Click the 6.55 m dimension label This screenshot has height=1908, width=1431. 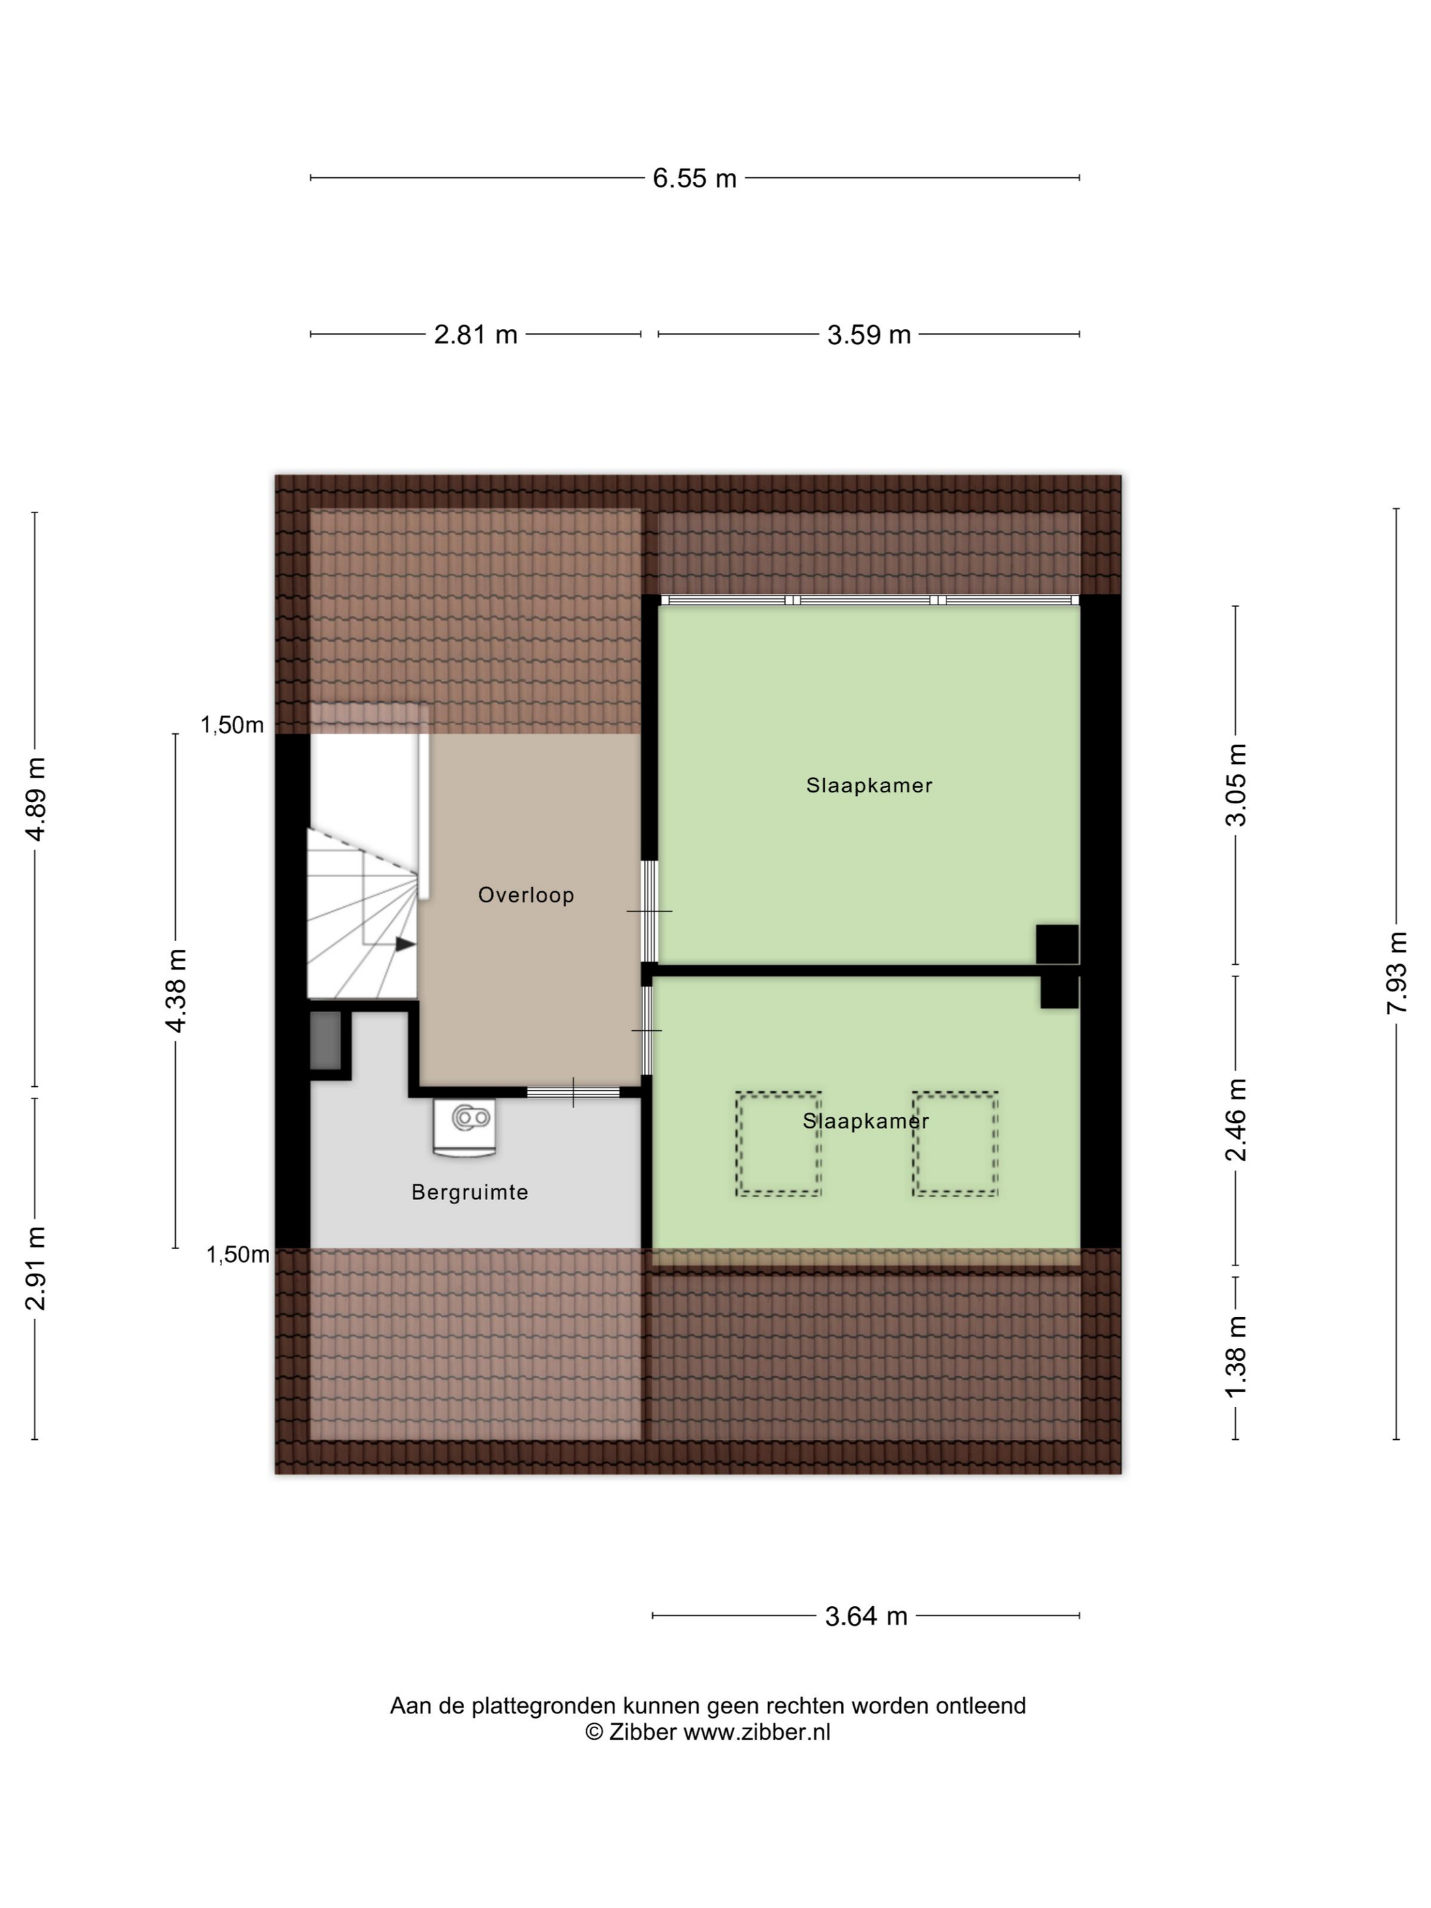[694, 179]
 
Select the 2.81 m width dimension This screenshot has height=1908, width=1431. [475, 335]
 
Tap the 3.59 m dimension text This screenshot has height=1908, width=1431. [869, 335]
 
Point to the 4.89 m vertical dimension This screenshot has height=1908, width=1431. [35, 799]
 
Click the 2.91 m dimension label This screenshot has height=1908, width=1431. [35, 1268]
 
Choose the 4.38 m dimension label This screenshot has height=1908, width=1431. [176, 990]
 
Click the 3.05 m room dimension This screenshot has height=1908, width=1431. [1236, 784]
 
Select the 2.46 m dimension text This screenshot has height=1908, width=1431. [1236, 1120]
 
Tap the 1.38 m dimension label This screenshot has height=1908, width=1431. [1236, 1357]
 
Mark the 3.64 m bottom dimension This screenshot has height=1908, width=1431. [866, 1616]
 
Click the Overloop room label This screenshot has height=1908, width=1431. [526, 895]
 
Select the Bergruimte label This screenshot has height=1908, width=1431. [470, 1192]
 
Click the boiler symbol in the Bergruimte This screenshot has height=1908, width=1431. [466, 1126]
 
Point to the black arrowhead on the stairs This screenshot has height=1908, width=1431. [405, 944]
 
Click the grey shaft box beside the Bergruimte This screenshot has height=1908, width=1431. [326, 1041]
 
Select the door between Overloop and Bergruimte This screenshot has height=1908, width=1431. [574, 1092]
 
